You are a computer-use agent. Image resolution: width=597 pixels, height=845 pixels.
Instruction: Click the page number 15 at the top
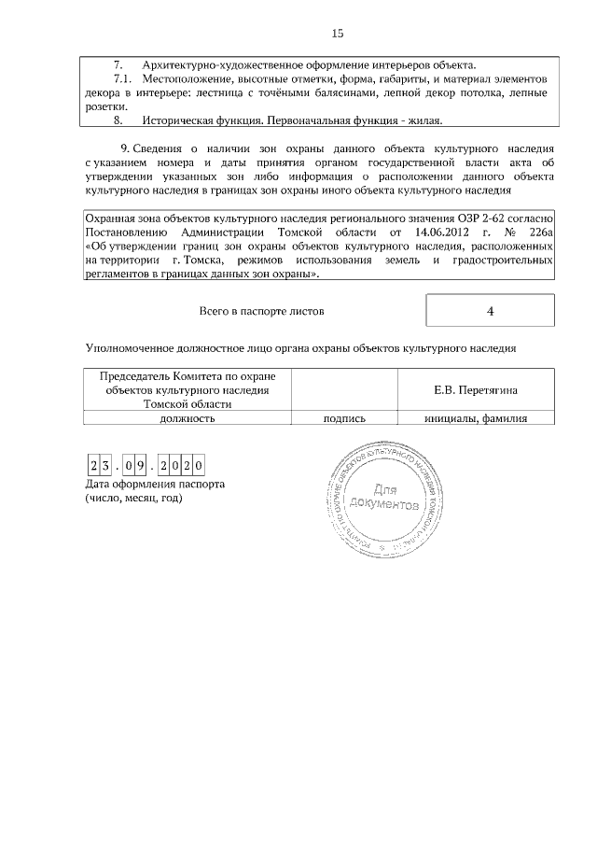[x=338, y=34]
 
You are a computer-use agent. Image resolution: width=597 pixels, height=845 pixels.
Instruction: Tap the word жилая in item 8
[x=422, y=121]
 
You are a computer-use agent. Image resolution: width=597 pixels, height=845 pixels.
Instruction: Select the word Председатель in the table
[x=136, y=376]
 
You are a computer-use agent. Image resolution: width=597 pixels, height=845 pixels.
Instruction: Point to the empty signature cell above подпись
[x=343, y=389]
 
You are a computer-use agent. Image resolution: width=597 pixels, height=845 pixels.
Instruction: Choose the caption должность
[x=187, y=419]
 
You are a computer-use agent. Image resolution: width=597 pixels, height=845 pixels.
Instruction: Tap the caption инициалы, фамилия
[x=476, y=419]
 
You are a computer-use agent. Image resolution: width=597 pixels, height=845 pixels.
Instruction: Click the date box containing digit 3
[x=107, y=466]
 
